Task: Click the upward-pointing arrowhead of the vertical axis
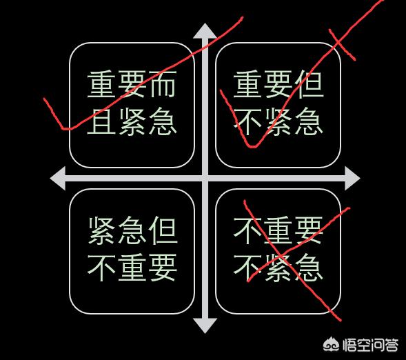(x=205, y=31)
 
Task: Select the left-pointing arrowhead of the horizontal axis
(x=58, y=179)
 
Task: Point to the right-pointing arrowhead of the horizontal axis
(x=352, y=179)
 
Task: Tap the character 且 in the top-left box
(x=101, y=121)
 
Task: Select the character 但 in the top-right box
(x=309, y=84)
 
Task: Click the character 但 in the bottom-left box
(x=163, y=230)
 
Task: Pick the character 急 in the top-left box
(x=163, y=121)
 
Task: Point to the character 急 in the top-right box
(x=309, y=121)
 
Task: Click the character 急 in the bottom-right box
(x=309, y=268)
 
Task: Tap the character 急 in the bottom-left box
(x=132, y=230)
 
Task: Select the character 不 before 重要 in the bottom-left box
(x=101, y=268)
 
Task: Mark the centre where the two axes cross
(x=205, y=179)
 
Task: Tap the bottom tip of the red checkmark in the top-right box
(x=251, y=147)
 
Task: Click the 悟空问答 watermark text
(x=371, y=345)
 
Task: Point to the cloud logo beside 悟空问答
(x=332, y=344)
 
